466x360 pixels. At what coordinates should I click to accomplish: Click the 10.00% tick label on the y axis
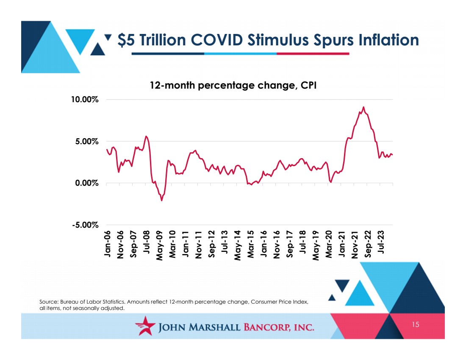(85, 99)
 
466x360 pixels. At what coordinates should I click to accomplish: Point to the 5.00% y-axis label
(87, 141)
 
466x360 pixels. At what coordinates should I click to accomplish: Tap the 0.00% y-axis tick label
(87, 183)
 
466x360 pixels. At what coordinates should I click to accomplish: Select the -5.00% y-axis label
(85, 225)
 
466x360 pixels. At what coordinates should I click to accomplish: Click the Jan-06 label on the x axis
(107, 244)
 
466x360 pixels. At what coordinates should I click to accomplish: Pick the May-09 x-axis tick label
(160, 246)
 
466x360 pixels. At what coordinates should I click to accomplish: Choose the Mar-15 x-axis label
(250, 244)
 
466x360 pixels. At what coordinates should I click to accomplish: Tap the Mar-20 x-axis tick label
(329, 244)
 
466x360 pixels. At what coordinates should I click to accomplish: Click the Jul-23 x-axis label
(381, 242)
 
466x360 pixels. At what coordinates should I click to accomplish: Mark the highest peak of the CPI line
(363, 107)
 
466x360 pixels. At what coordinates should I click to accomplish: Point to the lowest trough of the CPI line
(162, 201)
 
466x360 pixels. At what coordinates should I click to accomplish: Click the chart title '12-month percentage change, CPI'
(233, 85)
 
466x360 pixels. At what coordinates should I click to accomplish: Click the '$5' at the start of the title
(126, 40)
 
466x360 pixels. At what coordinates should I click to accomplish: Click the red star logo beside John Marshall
(145, 326)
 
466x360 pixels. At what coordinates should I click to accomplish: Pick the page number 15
(416, 324)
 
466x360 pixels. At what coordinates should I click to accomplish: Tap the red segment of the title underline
(313, 54)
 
